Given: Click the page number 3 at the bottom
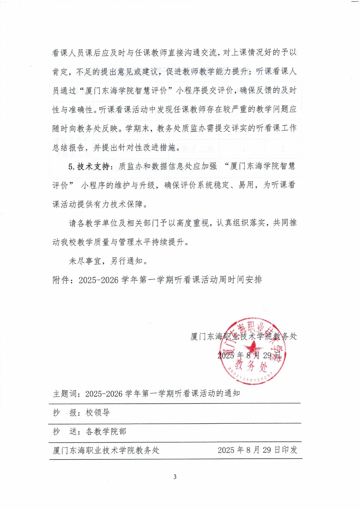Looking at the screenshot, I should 175,477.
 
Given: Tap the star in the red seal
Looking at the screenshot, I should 252,348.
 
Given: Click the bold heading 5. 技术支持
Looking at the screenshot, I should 89,167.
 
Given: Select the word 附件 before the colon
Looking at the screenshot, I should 61,280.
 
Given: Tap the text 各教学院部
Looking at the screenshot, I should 106,431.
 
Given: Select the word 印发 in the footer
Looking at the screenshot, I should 289,450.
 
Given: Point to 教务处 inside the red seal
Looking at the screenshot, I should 251,366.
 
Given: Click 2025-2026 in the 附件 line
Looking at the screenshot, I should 98,280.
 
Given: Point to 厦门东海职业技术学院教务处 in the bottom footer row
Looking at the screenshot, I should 106,450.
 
